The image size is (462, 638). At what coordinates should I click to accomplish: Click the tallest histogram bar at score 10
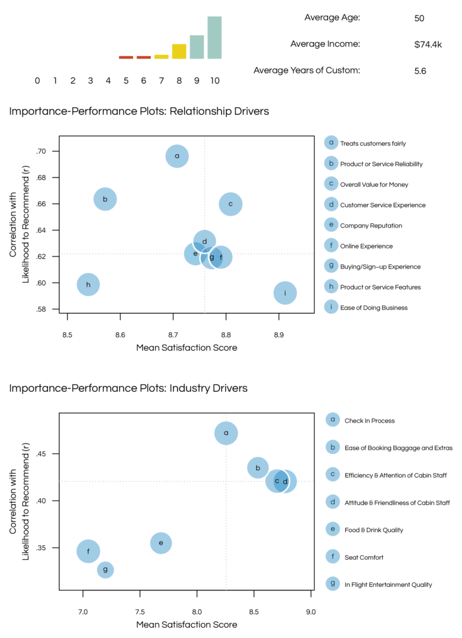pyautogui.click(x=215, y=37)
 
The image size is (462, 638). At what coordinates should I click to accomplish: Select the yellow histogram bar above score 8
pyautogui.click(x=179, y=51)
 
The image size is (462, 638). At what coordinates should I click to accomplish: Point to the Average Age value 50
pyautogui.click(x=419, y=18)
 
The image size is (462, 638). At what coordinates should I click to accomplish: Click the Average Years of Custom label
pyautogui.click(x=307, y=70)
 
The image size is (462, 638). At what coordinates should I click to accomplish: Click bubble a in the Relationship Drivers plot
pyautogui.click(x=177, y=156)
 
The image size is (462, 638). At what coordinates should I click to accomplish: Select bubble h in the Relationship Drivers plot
pyautogui.click(x=88, y=285)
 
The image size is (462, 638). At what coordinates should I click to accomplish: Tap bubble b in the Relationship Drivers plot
pyautogui.click(x=105, y=199)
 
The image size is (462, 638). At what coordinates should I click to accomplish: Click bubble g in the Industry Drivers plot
pyautogui.click(x=105, y=569)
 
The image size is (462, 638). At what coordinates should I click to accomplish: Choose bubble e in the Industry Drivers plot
pyautogui.click(x=161, y=543)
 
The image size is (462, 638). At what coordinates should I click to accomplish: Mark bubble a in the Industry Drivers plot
pyautogui.click(x=226, y=433)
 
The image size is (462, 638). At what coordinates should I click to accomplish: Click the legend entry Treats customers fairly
pyautogui.click(x=372, y=144)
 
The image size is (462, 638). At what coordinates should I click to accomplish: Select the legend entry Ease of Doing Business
pyautogui.click(x=373, y=308)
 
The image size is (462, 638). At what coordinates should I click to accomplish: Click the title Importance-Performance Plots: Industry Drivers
pyautogui.click(x=128, y=389)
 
